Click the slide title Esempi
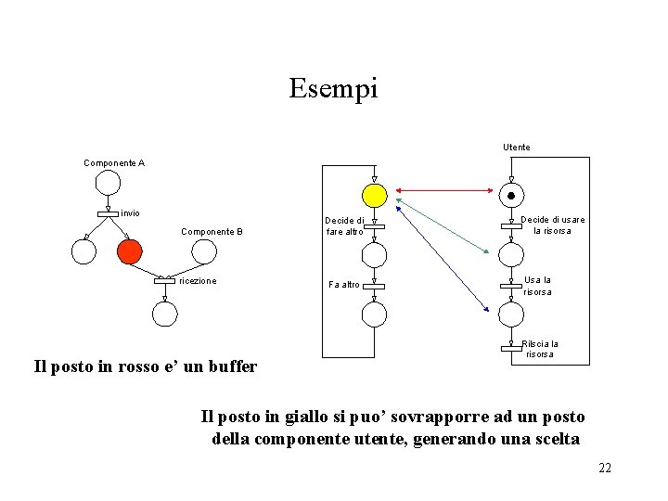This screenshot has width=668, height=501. pyautogui.click(x=333, y=89)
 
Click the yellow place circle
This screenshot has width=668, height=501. pyautogui.click(x=374, y=195)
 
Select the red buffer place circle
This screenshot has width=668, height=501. pyautogui.click(x=129, y=250)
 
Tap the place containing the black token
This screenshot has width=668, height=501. pyautogui.click(x=510, y=195)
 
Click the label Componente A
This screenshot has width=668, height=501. pyautogui.click(x=114, y=163)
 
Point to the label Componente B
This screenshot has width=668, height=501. pyautogui.click(x=212, y=231)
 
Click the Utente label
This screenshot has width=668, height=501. pyautogui.click(x=517, y=148)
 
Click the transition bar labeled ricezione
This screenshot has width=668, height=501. pyautogui.click(x=164, y=280)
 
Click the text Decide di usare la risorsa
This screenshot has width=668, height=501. pyautogui.click(x=554, y=225)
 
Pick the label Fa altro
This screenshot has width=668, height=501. pyautogui.click(x=344, y=284)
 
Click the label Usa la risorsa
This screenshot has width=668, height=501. pyautogui.click(x=537, y=285)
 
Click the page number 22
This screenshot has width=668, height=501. pyautogui.click(x=605, y=468)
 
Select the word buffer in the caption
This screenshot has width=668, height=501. pyautogui.click(x=232, y=366)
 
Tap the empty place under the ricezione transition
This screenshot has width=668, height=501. pyautogui.click(x=164, y=315)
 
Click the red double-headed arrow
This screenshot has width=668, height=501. pyautogui.click(x=443, y=194)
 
